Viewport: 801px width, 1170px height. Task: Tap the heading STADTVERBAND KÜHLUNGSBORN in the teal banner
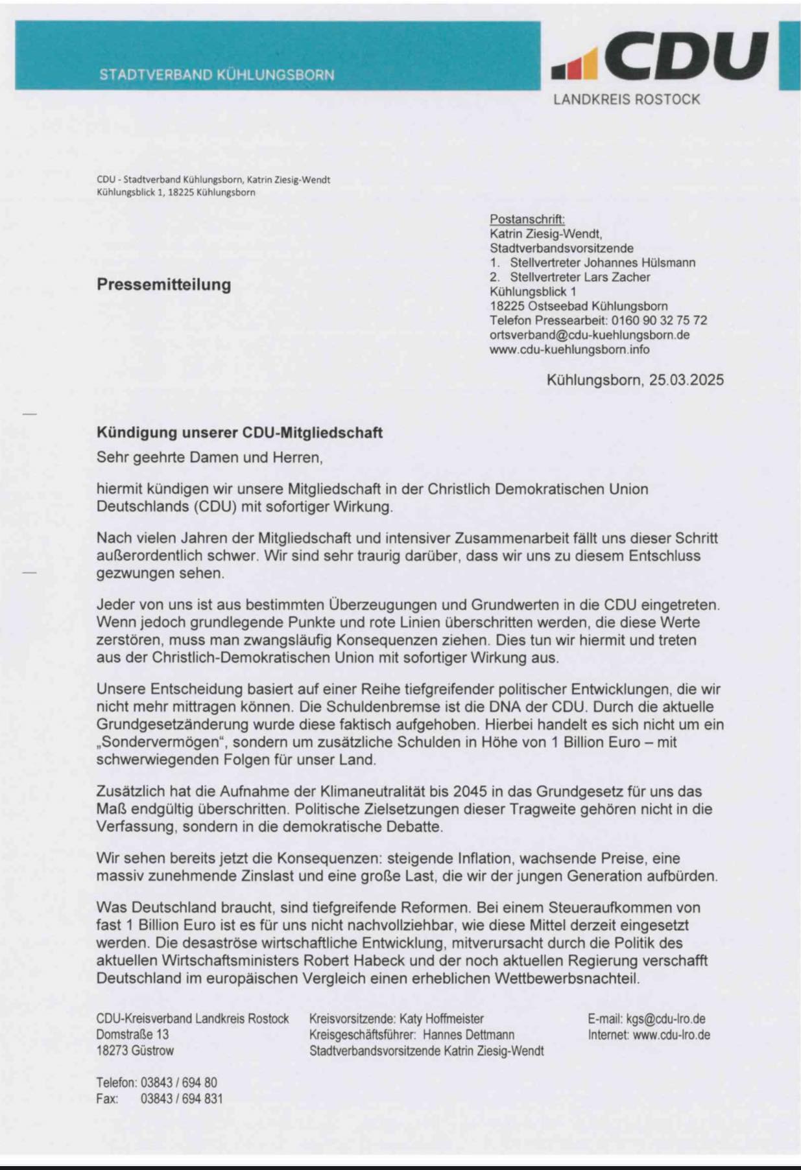[x=217, y=75]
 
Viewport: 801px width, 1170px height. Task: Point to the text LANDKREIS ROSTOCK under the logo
[x=627, y=99]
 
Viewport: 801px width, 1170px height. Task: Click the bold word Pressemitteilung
[x=163, y=285]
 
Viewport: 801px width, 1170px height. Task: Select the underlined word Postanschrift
[x=527, y=219]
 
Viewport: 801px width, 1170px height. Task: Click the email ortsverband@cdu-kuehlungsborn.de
[x=589, y=335]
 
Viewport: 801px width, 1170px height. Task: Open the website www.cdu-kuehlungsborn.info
[x=569, y=349]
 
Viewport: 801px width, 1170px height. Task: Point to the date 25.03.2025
[x=686, y=380]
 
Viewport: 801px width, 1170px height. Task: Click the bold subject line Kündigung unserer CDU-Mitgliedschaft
[x=239, y=432]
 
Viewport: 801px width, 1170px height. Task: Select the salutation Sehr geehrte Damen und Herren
[x=209, y=457]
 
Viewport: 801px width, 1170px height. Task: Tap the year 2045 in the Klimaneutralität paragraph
[x=471, y=791]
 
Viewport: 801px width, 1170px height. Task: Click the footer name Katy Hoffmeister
[x=441, y=1018]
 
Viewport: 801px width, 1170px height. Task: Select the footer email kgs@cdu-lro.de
[x=665, y=1018]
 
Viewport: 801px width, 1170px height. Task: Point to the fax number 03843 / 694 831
[x=182, y=1098]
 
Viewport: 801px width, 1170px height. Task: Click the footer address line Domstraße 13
[x=132, y=1035]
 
